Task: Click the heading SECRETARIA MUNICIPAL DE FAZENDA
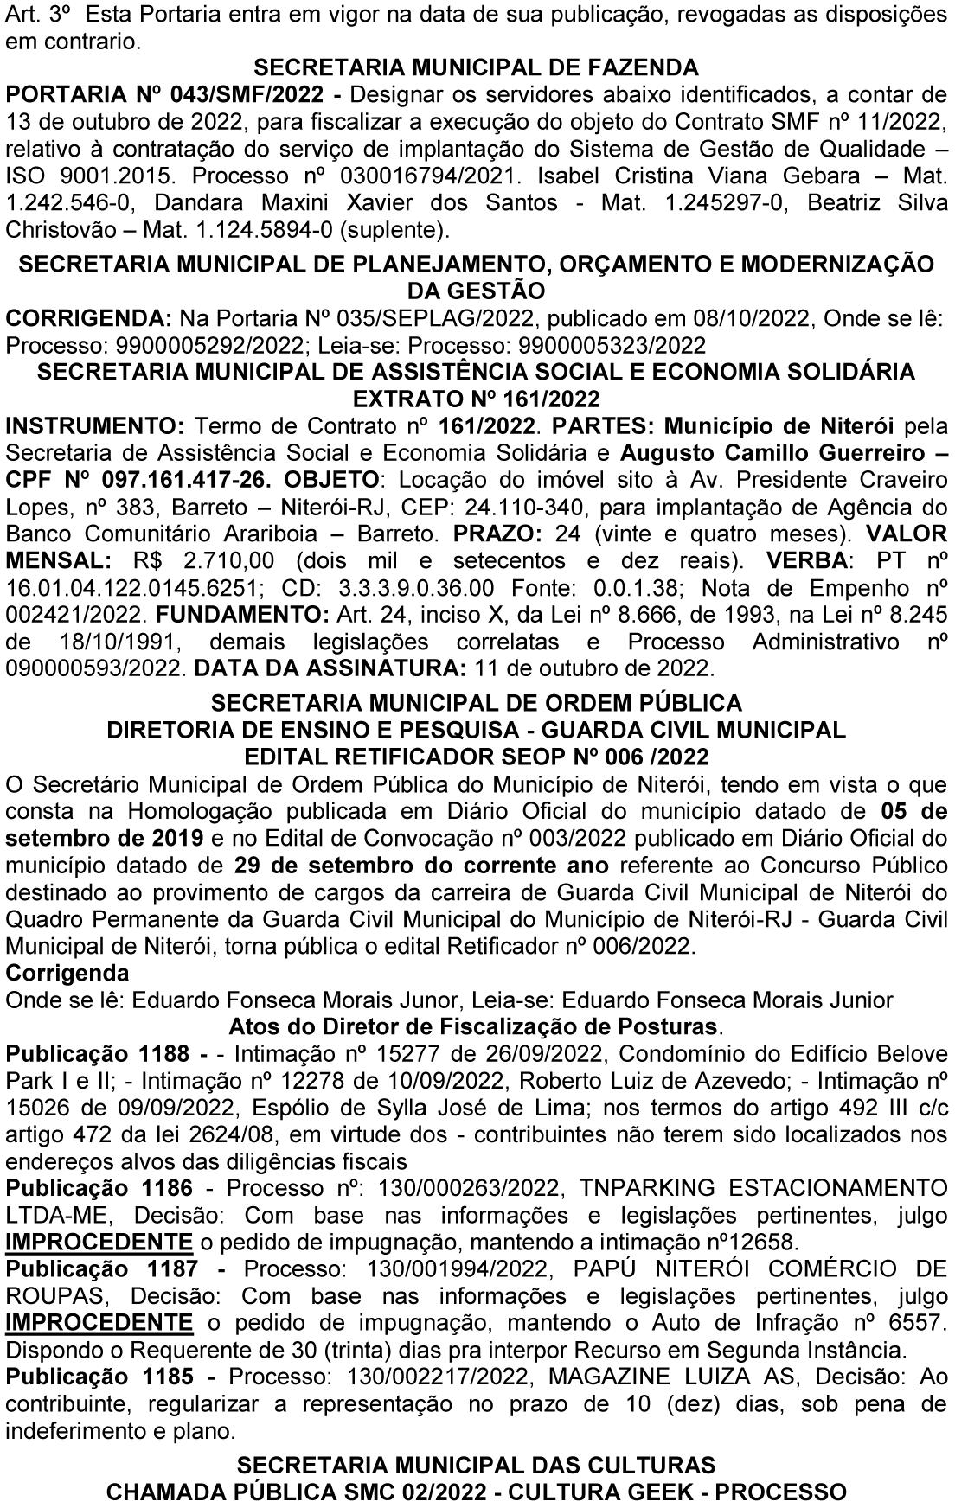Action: (x=477, y=67)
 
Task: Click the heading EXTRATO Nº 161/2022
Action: (x=477, y=399)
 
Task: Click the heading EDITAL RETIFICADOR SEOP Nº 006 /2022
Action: (x=477, y=757)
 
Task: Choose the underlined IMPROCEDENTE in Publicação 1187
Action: (x=99, y=1324)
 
